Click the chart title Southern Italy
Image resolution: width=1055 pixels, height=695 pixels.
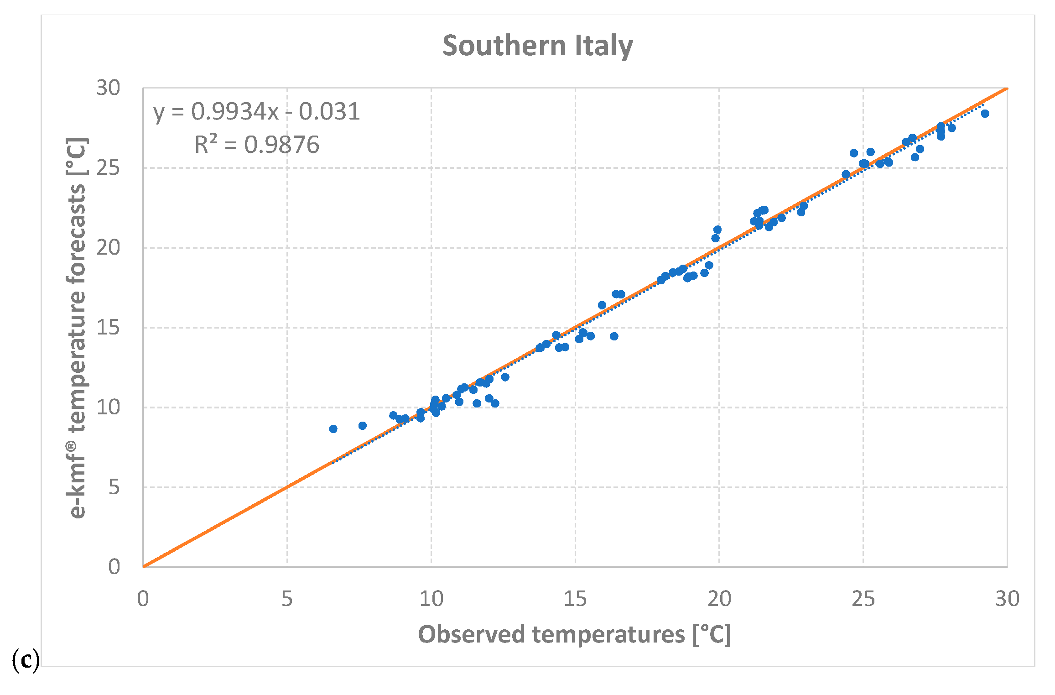pos(537,46)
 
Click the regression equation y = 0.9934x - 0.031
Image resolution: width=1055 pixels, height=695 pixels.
pos(257,112)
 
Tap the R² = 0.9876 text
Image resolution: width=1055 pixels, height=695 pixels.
pos(257,145)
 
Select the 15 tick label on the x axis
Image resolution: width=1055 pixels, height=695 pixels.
pos(575,599)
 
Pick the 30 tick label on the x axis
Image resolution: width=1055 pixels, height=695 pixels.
pos(1007,599)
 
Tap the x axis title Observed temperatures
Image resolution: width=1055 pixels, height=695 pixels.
pos(574,634)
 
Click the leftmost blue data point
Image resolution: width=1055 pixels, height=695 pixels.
pos(333,429)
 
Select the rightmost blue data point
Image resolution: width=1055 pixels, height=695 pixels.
pos(985,114)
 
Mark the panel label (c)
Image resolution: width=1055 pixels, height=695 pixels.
pos(26,660)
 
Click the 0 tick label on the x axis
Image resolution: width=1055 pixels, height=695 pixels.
pos(143,599)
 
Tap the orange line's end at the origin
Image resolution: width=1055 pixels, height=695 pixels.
pos(144,566)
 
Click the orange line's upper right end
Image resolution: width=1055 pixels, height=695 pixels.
pos(1006,89)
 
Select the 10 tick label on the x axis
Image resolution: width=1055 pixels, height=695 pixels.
pos(431,599)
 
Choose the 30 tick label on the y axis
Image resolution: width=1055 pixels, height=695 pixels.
pos(108,88)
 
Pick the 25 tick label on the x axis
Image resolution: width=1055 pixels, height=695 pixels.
pos(863,599)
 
